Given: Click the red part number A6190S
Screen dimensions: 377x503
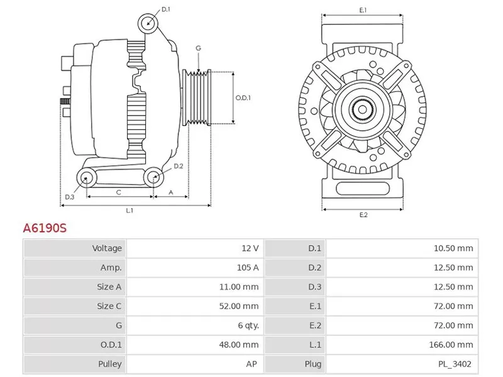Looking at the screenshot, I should [x=45, y=228].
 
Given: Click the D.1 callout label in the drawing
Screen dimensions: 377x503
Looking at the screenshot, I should [x=166, y=9].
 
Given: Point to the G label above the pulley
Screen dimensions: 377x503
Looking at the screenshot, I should [x=198, y=48].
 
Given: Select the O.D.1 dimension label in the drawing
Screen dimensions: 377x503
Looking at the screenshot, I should [x=243, y=98].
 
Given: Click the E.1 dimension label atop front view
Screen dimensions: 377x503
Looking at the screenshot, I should [x=363, y=10].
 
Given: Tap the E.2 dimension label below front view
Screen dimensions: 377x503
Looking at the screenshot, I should [x=363, y=215].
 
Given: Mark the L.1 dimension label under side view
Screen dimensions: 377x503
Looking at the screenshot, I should [x=129, y=210].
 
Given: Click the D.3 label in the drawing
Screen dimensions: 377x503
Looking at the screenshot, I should [x=69, y=197].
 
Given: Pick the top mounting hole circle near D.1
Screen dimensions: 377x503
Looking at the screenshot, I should [x=149, y=23].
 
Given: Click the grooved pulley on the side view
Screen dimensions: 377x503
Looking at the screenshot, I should [x=197, y=98].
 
